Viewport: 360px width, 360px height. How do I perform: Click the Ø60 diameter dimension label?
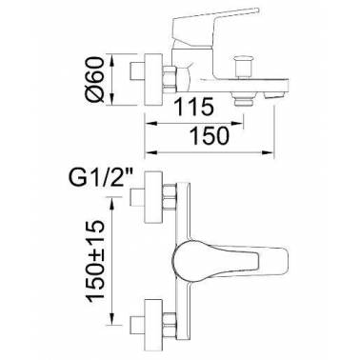pyautogui.click(x=96, y=79)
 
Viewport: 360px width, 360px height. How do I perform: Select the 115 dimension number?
pyautogui.click(x=193, y=107)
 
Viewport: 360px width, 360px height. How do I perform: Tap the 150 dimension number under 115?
pyautogui.click(x=209, y=136)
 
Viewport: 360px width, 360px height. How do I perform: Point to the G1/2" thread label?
pyautogui.click(x=101, y=179)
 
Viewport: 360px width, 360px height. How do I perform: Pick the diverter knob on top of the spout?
pyautogui.click(x=243, y=66)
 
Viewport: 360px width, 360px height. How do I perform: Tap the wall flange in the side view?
pyautogui.click(x=153, y=80)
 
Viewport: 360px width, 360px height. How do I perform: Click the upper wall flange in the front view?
pyautogui.click(x=153, y=197)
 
